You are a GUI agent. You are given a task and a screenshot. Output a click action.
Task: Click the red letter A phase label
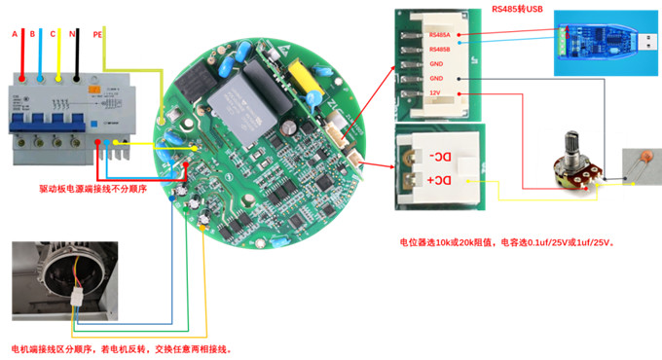pyautogui.click(x=15, y=34)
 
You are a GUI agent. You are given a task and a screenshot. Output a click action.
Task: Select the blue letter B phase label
pyautogui.click(x=32, y=34)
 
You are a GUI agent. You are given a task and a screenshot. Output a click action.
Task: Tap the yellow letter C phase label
pyautogui.click(x=53, y=34)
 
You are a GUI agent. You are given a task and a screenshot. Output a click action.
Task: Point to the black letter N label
pyautogui.click(x=73, y=34)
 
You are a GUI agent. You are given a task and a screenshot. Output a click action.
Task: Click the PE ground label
pyautogui.click(x=97, y=34)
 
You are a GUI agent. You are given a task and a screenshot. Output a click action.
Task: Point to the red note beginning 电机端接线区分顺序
pyautogui.click(x=121, y=348)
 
